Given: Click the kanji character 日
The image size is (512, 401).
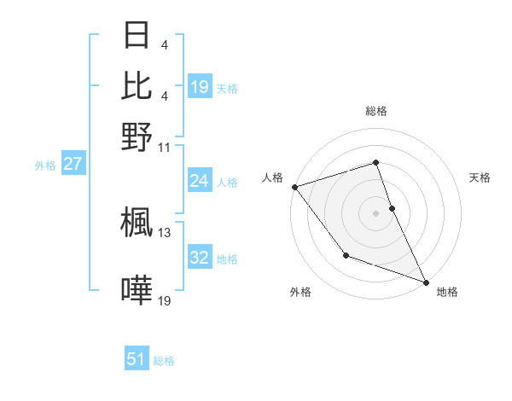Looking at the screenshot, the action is click(137, 36).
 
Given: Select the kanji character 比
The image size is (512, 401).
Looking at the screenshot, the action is click(137, 85).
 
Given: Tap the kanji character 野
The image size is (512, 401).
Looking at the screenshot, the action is click(137, 136).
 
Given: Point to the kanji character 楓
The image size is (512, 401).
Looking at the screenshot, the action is click(137, 222).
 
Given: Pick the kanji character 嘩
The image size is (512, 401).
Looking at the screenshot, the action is click(137, 291).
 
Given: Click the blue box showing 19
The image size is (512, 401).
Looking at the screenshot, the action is click(200, 87).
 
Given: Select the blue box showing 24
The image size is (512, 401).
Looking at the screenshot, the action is click(199, 181).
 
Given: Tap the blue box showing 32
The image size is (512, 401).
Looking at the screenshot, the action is click(199, 259).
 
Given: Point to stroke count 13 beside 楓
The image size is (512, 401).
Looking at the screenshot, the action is click(165, 232).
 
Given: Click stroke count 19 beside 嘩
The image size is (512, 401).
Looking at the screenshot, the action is click(165, 300).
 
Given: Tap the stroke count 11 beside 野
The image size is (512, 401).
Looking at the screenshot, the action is click(165, 147).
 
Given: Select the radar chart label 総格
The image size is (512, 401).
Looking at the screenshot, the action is click(376, 111).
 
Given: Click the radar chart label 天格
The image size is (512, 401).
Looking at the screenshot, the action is click(480, 177).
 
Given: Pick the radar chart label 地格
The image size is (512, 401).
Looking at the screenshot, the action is click(447, 292).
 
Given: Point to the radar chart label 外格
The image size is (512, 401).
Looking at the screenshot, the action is click(300, 292).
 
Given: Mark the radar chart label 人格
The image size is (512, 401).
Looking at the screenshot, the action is click(272, 177).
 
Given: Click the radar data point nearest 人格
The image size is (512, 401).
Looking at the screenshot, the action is click(294, 187).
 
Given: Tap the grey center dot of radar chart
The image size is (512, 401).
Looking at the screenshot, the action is click(376, 212).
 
